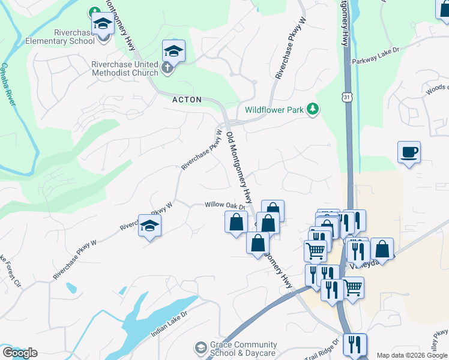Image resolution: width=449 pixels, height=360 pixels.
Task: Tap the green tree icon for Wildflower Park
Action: pos(312,109)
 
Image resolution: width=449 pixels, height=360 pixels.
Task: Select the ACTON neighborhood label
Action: pos(187,100)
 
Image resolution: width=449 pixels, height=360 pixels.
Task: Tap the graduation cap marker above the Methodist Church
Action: pos(173,52)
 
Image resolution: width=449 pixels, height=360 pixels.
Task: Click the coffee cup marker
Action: pos(409,152)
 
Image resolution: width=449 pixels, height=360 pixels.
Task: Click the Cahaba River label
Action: pos(8,84)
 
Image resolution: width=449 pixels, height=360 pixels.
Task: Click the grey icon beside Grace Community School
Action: pos(200,348)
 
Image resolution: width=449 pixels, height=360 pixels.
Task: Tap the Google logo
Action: pos(20,352)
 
